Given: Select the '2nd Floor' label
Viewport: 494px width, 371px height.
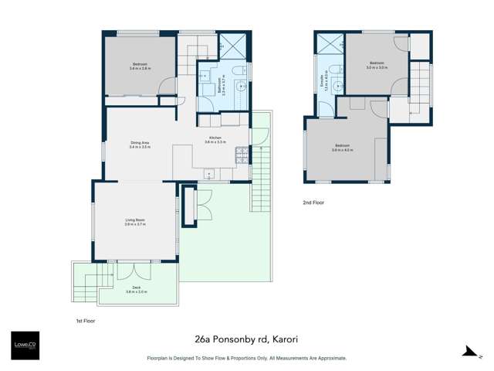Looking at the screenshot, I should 313,203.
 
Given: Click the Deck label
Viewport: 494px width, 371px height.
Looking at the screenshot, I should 136,290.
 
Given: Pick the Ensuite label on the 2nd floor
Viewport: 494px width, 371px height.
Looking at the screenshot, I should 322,80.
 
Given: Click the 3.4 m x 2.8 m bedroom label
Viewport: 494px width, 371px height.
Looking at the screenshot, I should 140,66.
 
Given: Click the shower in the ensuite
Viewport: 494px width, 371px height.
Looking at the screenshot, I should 329,43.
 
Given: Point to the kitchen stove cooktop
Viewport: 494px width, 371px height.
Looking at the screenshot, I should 242,157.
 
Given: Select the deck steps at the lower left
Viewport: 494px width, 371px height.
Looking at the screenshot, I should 86,284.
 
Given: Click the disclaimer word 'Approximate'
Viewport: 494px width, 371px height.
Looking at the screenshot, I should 330,358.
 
